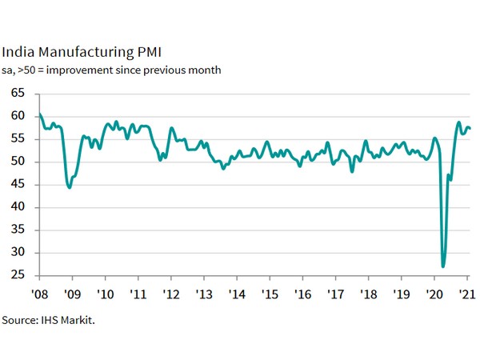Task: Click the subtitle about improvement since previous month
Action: coord(111,70)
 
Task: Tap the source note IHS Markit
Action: coord(54,320)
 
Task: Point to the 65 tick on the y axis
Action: coord(18,94)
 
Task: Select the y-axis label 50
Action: coord(18,162)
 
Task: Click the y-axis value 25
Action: coord(18,275)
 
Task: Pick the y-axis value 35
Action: coord(18,230)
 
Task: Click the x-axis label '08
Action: coord(38,290)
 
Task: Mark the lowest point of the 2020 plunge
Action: coord(443,266)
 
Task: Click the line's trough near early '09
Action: coord(70,187)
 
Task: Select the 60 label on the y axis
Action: coord(18,116)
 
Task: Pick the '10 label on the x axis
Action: coord(104,290)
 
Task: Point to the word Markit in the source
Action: coord(86,320)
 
